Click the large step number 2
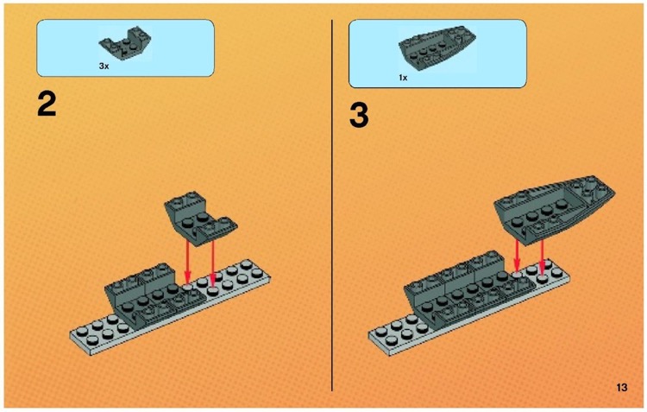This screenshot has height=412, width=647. click(x=47, y=105)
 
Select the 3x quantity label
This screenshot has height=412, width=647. click(x=104, y=65)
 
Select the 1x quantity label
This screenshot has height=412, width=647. click(x=402, y=77)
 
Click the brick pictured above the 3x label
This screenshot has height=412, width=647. click(x=121, y=43)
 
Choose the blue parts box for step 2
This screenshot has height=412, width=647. click(x=125, y=48)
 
